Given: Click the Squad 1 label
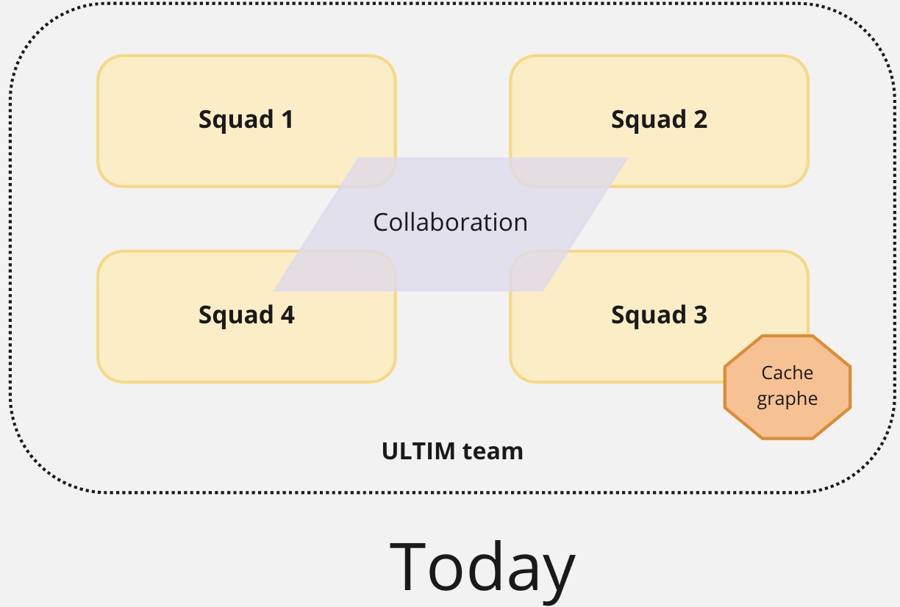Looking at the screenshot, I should point(246,119).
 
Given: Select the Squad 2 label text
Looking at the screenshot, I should point(659,119).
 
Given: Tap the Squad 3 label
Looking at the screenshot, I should point(659,315).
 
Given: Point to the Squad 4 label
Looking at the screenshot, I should point(246,315).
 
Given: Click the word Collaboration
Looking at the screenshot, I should point(450,222).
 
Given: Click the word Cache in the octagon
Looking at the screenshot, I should point(787,373).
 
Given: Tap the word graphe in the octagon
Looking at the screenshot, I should point(787,400).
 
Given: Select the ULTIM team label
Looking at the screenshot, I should point(452,450).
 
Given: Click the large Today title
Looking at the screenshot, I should point(482,567).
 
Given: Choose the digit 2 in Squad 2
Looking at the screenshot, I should point(699,119).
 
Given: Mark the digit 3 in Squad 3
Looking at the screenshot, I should point(699,315).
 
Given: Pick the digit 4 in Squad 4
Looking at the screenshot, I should point(286,315).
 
